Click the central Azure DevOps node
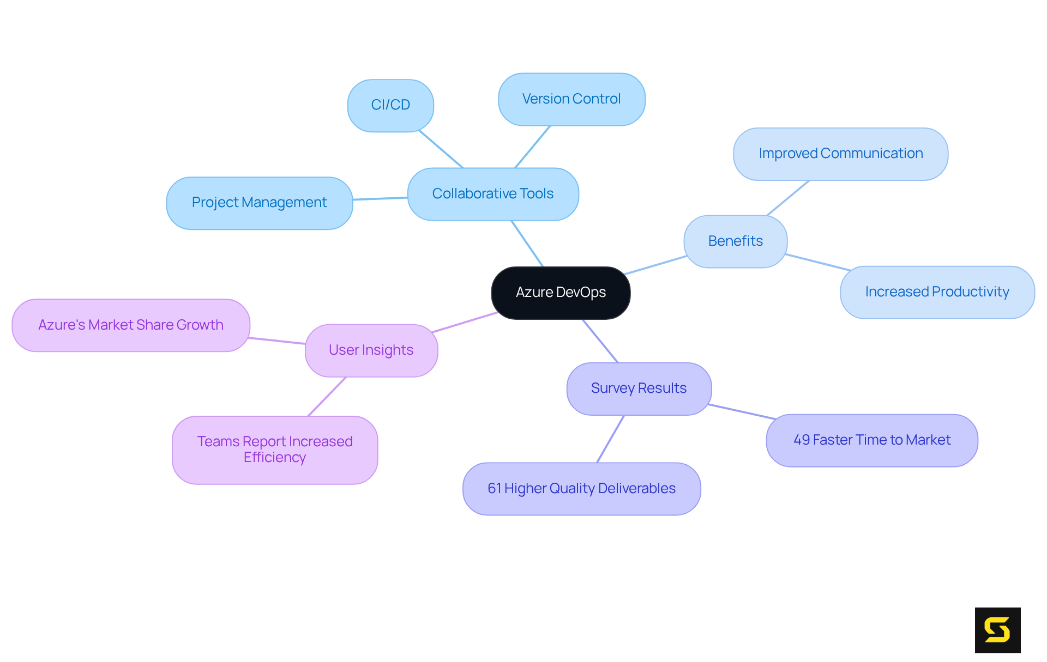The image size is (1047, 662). click(561, 293)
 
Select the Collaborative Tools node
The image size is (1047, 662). click(493, 194)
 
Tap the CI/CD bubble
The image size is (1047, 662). click(390, 105)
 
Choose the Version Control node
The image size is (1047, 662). click(571, 99)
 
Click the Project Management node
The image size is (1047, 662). click(260, 203)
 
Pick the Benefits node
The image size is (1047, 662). click(735, 241)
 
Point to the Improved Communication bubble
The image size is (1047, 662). click(840, 154)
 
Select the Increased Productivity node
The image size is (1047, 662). click(937, 292)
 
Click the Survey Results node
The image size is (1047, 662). click(639, 388)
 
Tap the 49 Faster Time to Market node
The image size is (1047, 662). click(871, 440)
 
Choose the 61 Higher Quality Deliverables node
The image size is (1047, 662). click(581, 489)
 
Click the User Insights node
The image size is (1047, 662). click(371, 350)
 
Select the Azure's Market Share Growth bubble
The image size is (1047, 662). click(131, 325)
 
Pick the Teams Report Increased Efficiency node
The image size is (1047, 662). click(275, 450)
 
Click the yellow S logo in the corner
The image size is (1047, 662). click(997, 630)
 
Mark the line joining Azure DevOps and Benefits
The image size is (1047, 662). click(655, 265)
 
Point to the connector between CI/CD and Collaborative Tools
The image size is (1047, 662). click(441, 149)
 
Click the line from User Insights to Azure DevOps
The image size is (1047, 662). click(464, 322)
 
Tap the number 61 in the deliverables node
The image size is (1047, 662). click(494, 489)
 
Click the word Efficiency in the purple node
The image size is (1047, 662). click(275, 458)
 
